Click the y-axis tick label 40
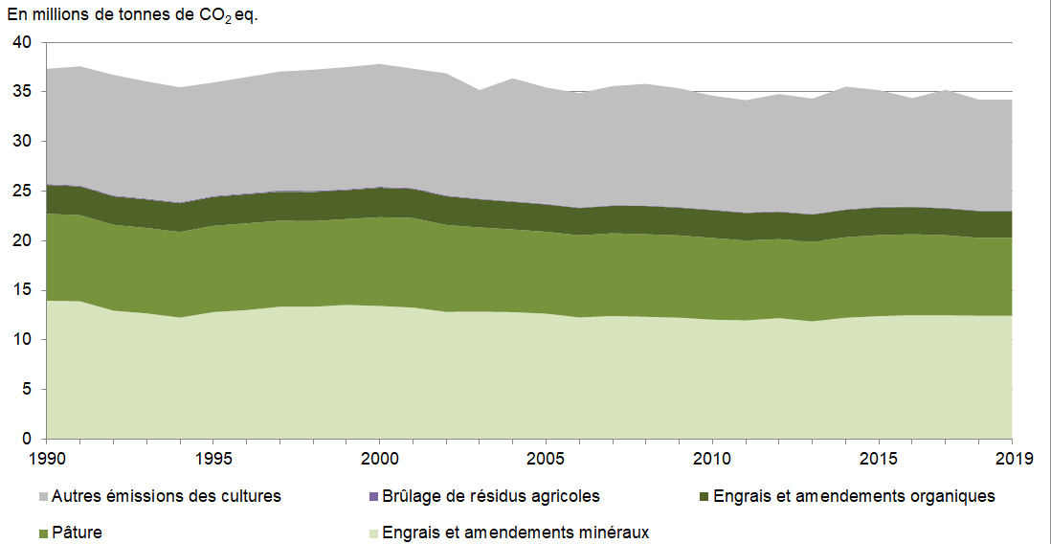point(23,43)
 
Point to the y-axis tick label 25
point(23,192)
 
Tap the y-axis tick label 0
point(28,440)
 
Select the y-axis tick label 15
point(23,290)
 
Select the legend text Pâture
point(77,533)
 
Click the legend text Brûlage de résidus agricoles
point(490,496)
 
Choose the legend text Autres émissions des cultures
point(167,496)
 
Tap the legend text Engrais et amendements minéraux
point(515,533)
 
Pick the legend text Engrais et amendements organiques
point(855,496)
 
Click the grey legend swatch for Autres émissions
point(44,497)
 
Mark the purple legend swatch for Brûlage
point(373,497)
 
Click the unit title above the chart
point(132,17)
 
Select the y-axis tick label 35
point(23,93)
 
